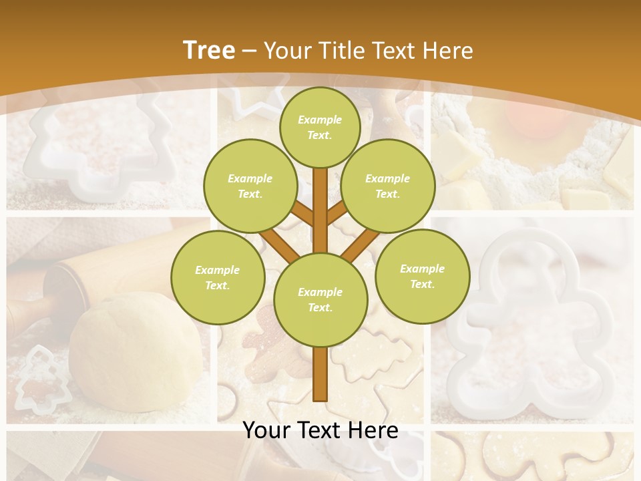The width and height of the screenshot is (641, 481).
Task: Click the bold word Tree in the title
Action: [209, 50]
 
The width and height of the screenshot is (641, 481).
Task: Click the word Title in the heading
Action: [343, 50]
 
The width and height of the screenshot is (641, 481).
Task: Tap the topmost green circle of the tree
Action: [320, 127]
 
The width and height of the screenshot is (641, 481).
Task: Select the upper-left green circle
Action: [250, 186]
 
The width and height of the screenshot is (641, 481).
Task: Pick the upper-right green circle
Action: [387, 186]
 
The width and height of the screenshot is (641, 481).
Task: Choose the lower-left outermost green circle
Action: [218, 277]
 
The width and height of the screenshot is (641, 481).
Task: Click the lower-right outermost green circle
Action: [422, 276]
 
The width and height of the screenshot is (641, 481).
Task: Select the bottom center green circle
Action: [320, 299]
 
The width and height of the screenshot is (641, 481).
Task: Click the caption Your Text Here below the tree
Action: [320, 430]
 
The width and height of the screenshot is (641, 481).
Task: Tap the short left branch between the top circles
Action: [302, 213]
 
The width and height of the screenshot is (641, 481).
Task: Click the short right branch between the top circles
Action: [337, 213]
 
